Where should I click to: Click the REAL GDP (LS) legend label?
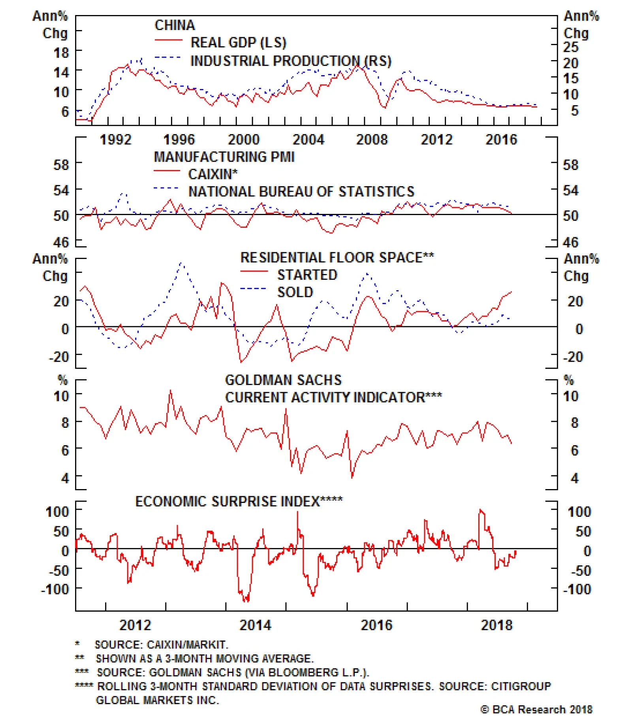[x=238, y=42]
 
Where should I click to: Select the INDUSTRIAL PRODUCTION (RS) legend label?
[x=291, y=61]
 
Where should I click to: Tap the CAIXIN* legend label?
[x=213, y=174]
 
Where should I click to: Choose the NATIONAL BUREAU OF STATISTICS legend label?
[x=301, y=191]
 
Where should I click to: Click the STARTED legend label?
[x=307, y=275]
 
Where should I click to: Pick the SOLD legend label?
[x=295, y=292]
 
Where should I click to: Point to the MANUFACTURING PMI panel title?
[x=224, y=157]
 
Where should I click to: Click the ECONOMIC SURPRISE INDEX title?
[x=239, y=501]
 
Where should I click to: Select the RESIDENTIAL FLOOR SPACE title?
[x=337, y=257]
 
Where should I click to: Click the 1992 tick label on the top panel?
[x=115, y=140]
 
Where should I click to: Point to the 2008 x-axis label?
[x=372, y=140]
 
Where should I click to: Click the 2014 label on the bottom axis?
[x=256, y=625]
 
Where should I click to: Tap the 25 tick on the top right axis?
[x=571, y=47]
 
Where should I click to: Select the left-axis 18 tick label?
[x=61, y=53]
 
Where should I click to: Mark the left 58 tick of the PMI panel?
[x=61, y=164]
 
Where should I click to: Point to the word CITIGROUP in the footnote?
[x=521, y=686]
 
